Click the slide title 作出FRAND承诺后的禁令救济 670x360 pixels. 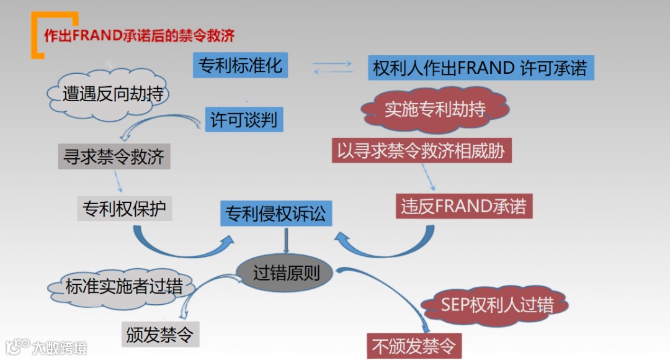coord(139,35)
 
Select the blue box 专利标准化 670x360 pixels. coord(240,65)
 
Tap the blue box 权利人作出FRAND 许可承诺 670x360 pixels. coord(480,68)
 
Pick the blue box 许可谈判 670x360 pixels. coord(244,118)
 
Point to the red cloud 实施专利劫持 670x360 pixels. coord(435,110)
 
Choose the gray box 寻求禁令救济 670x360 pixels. coord(114,156)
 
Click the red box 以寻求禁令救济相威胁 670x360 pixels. coord(421,151)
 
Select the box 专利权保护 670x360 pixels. coord(125,209)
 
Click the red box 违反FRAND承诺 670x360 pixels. coord(463,206)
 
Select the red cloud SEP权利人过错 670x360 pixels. coord(496,305)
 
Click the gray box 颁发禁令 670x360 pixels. coord(160,335)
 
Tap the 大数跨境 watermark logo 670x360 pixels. coord(46,347)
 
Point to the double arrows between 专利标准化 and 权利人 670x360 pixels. coord(332,67)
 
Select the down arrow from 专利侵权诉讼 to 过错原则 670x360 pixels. coord(287,241)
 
